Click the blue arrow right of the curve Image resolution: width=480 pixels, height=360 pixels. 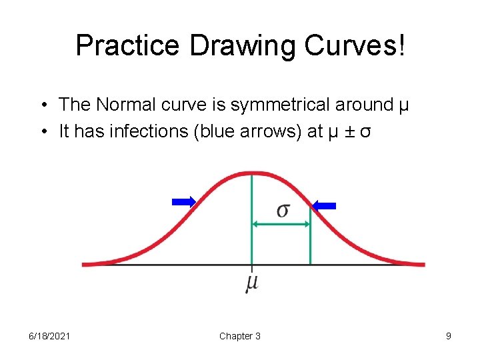pos(325,206)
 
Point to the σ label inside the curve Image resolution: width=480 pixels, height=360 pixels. pos(283,210)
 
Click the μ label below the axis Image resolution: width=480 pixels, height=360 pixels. pos(251,283)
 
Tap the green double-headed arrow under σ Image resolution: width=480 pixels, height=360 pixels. pos(281,225)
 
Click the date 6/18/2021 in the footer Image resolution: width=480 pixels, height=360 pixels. pos(49,336)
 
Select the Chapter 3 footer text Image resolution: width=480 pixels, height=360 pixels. pos(240,336)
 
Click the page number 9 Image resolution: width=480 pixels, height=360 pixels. pos(449,336)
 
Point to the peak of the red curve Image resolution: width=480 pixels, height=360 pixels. pos(251,173)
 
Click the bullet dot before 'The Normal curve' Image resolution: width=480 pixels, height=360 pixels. pos(42,105)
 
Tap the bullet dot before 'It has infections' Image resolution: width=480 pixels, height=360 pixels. pos(42,132)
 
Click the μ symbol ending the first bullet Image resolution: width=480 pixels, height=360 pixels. pos(403,106)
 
